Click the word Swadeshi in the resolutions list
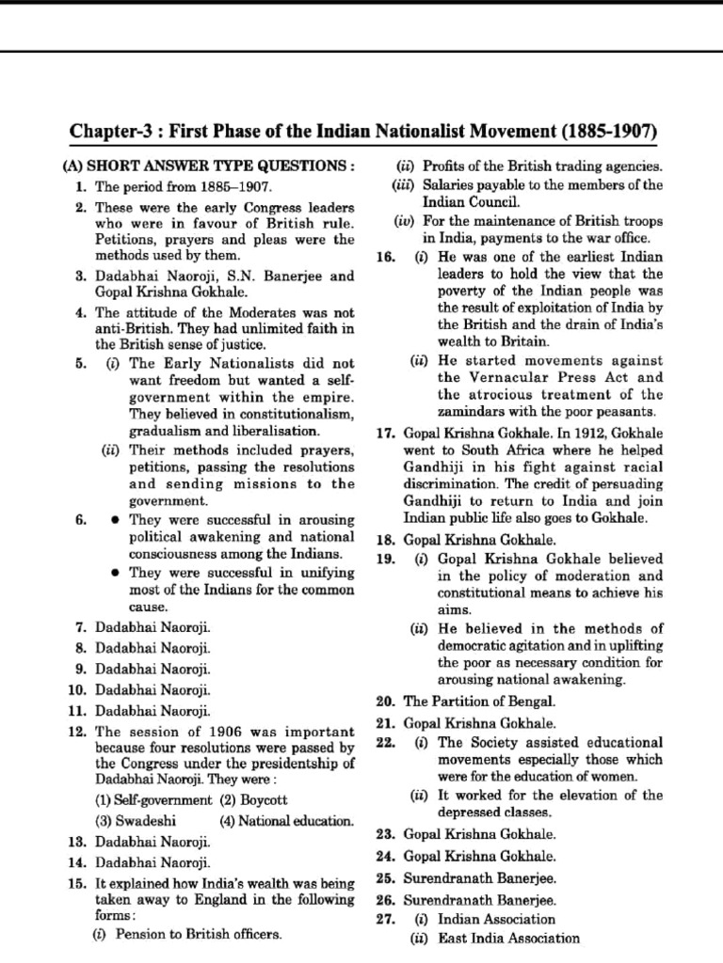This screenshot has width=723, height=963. click(128, 819)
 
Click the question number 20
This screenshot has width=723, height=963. click(383, 702)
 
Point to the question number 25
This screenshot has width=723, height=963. click(383, 877)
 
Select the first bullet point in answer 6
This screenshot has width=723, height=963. click(114, 518)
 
